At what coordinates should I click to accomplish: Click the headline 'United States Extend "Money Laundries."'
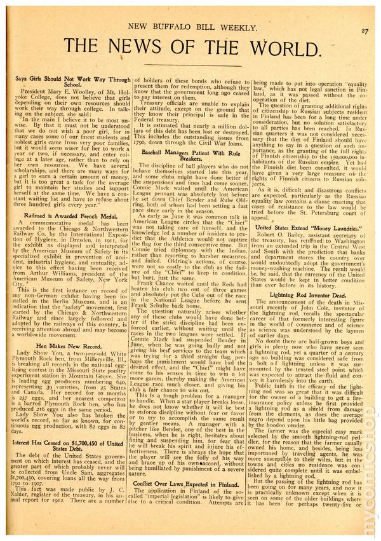pyautogui.click(x=308, y=227)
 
